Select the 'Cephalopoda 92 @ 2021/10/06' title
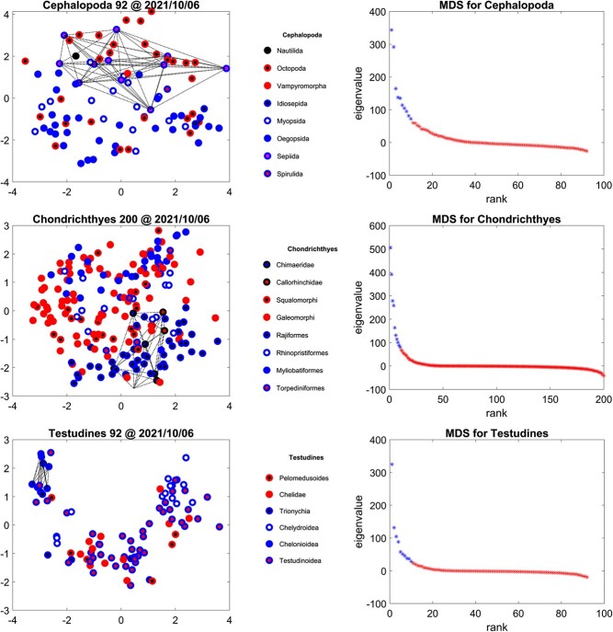pyautogui.click(x=121, y=7)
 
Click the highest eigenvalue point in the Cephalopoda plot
pyautogui.click(x=391, y=29)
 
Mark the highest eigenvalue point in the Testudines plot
pyautogui.click(x=391, y=465)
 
